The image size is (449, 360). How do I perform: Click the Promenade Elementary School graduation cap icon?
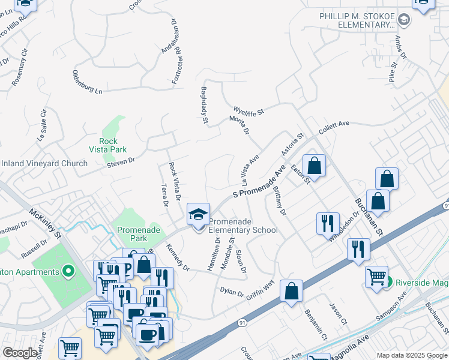199,215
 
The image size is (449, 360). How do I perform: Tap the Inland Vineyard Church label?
44,163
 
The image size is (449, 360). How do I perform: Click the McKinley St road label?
46,223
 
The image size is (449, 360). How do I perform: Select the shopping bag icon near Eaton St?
314,165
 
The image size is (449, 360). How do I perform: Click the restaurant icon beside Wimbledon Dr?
328,224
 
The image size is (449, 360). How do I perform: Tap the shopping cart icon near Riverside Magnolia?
377,277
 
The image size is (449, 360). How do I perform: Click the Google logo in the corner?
20,353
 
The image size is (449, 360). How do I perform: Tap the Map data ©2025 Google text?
411,355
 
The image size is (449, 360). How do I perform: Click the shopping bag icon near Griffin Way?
291,292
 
